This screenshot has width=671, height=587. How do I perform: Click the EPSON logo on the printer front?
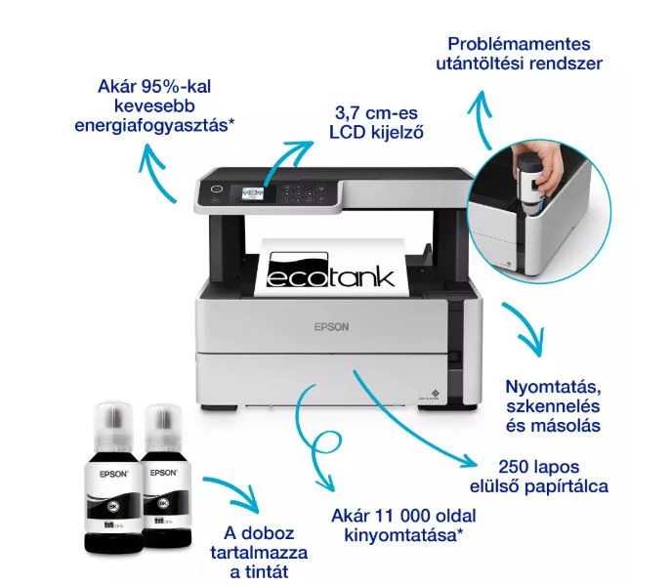click(331, 327)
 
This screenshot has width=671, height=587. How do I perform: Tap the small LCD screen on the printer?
click(253, 193)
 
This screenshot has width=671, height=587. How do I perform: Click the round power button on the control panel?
click(217, 189)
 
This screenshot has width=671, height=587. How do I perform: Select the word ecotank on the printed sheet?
click(330, 276)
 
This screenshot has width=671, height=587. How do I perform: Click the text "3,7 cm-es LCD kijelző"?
click(376, 122)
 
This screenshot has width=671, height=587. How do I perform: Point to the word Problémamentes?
click(519, 44)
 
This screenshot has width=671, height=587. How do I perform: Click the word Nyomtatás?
click(553, 387)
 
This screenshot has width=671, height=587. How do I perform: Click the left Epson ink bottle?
click(113, 478)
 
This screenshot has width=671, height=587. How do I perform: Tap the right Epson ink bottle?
click(165, 476)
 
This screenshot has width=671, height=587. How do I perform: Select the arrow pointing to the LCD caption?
click(285, 159)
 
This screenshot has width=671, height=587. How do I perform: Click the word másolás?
click(553, 426)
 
